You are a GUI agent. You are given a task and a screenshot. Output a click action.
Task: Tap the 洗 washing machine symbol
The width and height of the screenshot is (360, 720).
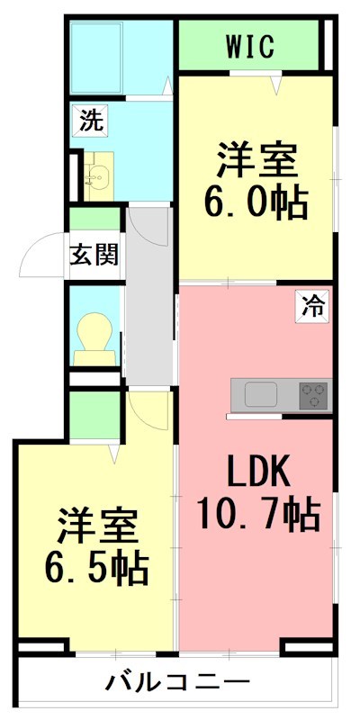90,121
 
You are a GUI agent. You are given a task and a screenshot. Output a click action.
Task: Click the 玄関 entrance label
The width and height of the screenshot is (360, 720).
94,255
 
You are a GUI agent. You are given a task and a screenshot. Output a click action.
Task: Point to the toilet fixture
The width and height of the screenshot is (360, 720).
94,340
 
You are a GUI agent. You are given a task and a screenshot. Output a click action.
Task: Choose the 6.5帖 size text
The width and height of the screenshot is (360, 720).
96,567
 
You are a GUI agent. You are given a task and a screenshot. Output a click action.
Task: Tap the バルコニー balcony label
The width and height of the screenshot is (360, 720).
177,681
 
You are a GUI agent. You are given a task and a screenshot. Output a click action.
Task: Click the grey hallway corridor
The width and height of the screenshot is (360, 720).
148,297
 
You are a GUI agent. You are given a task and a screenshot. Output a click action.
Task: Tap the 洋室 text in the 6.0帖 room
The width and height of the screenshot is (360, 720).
256,160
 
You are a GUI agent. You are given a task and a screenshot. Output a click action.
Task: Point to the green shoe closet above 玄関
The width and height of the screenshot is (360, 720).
94,219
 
